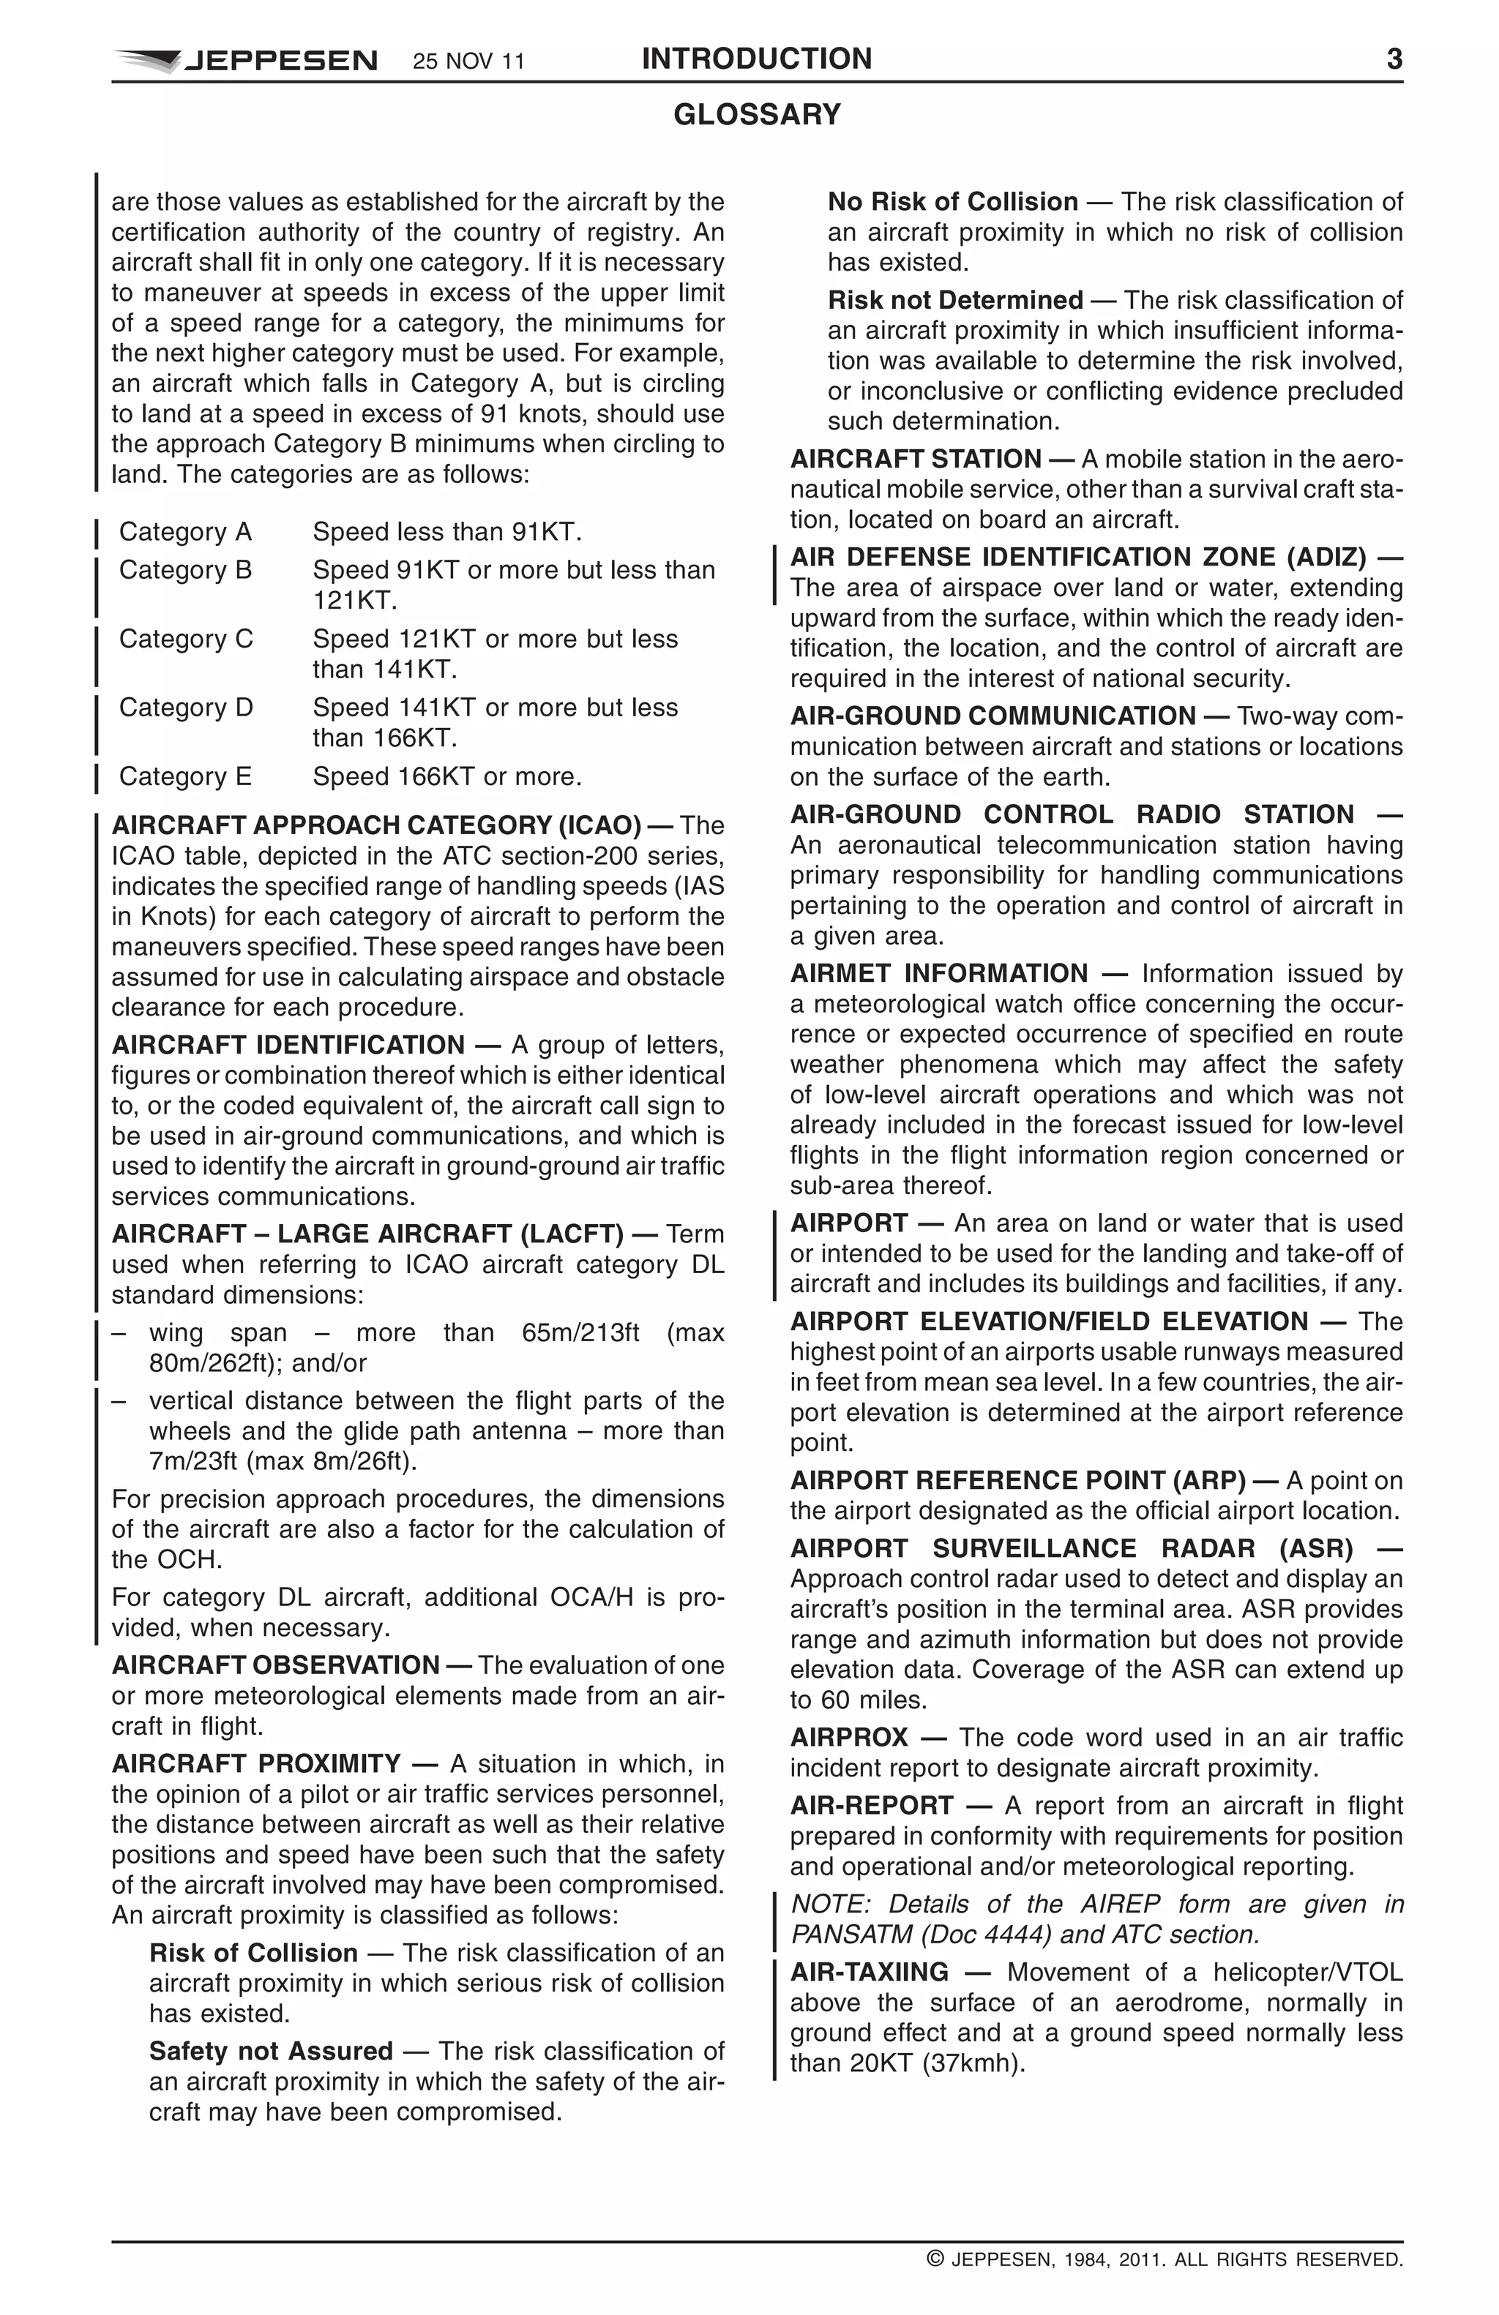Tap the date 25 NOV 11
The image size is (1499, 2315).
click(x=468, y=62)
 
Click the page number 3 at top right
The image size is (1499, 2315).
click(x=1393, y=59)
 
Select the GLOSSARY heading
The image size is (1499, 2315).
click(x=756, y=115)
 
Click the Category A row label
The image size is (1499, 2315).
click(x=185, y=532)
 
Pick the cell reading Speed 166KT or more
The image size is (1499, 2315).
click(x=446, y=776)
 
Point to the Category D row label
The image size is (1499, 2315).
click(x=186, y=707)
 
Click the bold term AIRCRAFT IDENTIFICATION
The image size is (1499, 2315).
click(x=288, y=1045)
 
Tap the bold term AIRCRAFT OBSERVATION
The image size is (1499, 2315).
click(x=275, y=1665)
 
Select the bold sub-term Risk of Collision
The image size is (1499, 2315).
click(x=253, y=1953)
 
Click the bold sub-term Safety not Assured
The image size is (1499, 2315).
click(x=270, y=2052)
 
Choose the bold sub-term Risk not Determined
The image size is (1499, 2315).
click(x=954, y=299)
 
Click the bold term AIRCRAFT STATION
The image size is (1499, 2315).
click(x=916, y=459)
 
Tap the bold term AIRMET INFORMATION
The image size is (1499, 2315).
click(x=938, y=974)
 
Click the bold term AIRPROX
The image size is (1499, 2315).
click(x=848, y=1737)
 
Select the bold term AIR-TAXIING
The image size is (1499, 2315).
click(x=869, y=1973)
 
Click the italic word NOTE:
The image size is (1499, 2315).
click(x=826, y=1904)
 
